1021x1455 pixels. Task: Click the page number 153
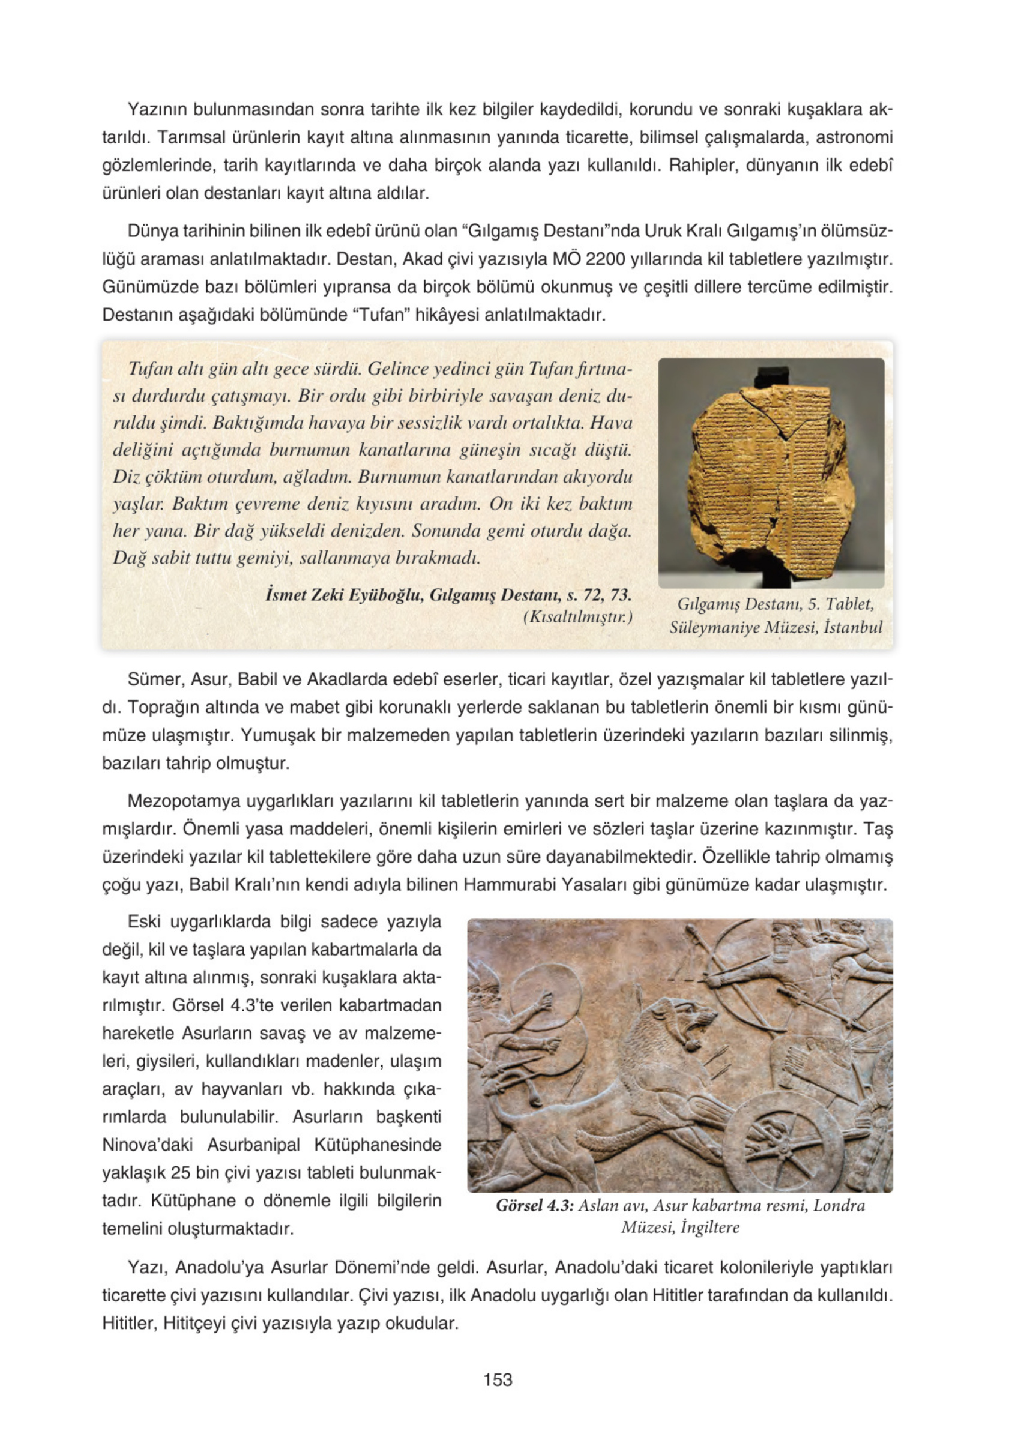(498, 1379)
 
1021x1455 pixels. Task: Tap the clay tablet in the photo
(773, 475)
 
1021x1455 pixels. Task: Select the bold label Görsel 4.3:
(534, 1205)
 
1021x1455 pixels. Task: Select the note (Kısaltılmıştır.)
(577, 616)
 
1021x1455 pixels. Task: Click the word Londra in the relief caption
(839, 1205)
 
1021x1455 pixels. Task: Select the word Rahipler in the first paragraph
(703, 166)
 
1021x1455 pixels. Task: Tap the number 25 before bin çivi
(181, 1172)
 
